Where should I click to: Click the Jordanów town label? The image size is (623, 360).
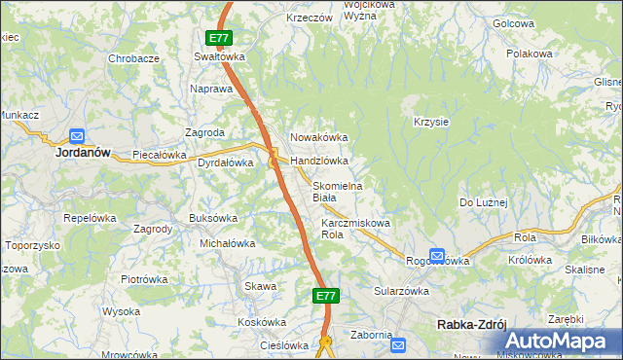[81, 153]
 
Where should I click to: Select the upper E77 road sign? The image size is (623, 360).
[219, 39]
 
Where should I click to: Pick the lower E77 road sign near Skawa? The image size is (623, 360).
[326, 295]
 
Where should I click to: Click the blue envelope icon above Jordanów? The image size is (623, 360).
[77, 136]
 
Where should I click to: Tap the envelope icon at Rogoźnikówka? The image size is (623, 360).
[437, 257]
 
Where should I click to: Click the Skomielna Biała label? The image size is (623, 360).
[337, 192]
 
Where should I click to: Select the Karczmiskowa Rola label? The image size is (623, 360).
[355, 229]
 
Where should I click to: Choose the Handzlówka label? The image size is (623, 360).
[319, 161]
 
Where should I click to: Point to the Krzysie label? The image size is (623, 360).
[430, 122]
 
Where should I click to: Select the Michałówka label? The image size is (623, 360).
[227, 243]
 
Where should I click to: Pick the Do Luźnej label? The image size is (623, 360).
[484, 202]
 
